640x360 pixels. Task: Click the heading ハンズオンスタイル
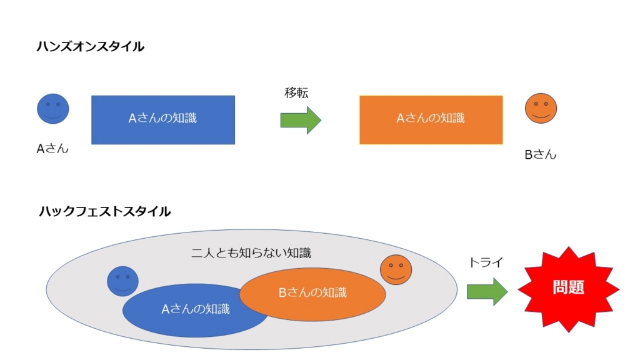(91, 46)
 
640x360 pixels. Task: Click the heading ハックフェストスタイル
(104, 211)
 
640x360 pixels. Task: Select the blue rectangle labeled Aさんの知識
(163, 120)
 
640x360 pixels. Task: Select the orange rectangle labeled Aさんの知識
(431, 120)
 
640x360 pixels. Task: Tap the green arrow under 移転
(301, 120)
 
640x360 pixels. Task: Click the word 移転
(297, 93)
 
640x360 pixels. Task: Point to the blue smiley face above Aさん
(53, 109)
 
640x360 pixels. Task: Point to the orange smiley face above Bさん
(541, 108)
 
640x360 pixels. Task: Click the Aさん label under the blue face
(52, 149)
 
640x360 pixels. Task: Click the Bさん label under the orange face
(541, 154)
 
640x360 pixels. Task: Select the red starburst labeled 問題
(568, 289)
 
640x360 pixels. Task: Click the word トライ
(486, 263)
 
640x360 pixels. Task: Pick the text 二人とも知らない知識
(251, 253)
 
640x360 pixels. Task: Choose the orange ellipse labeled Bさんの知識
(312, 292)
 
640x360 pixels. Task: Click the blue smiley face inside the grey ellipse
(122, 281)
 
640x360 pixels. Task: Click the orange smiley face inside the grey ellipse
(396, 270)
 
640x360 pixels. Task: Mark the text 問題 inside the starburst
(568, 287)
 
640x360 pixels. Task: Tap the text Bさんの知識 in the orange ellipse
(312, 292)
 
